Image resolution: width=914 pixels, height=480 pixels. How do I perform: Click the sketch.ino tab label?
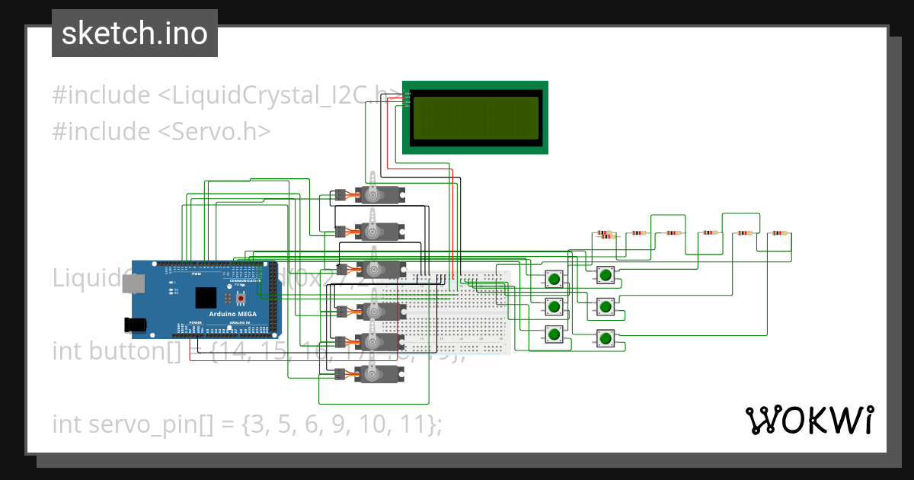[x=134, y=34]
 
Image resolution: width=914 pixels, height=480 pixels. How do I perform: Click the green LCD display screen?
[x=475, y=117]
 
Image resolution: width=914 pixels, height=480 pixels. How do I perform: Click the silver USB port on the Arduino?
[x=134, y=283]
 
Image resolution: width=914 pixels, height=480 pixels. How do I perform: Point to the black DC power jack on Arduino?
[x=136, y=325]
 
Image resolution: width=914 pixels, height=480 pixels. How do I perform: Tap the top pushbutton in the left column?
[x=554, y=279]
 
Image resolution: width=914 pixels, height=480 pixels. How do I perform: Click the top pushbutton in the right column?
[x=605, y=275]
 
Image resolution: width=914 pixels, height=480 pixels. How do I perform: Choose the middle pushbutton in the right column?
[x=605, y=306]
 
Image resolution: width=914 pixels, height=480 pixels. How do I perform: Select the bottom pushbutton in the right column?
[x=605, y=338]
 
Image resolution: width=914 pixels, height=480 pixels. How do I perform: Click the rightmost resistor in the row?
[x=778, y=233]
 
